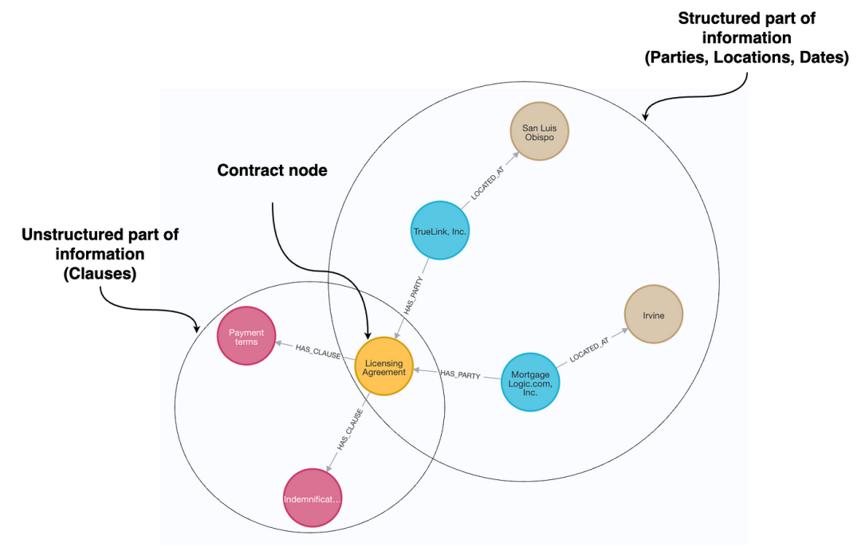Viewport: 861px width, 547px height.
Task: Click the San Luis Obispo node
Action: (539, 131)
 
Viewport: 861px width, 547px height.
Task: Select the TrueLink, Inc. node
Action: (440, 231)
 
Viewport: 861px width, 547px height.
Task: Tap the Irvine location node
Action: (653, 315)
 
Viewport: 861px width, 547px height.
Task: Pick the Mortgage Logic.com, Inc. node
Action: (530, 383)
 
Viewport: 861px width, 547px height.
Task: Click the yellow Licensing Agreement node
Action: (383, 367)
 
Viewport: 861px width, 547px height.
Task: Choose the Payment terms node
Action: (246, 337)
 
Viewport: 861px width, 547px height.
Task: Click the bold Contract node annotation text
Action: (272, 170)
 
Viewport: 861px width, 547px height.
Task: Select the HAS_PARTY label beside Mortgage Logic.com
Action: (458, 373)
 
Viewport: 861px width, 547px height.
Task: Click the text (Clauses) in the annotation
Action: (100, 273)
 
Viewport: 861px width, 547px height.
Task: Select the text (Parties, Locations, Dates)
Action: (746, 57)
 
